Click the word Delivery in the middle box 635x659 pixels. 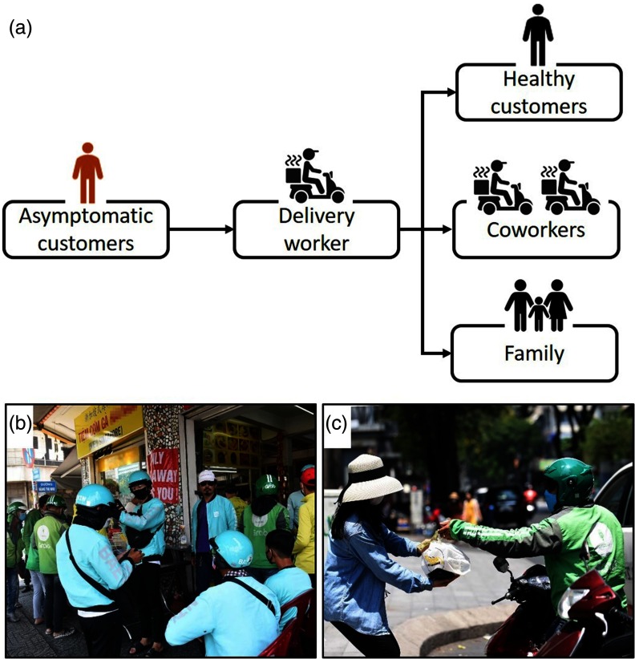pyautogui.click(x=315, y=216)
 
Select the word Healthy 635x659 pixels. pyautogui.click(x=539, y=79)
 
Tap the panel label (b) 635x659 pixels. pyautogui.click(x=20, y=422)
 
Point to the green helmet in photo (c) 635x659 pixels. pyautogui.click(x=568, y=479)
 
